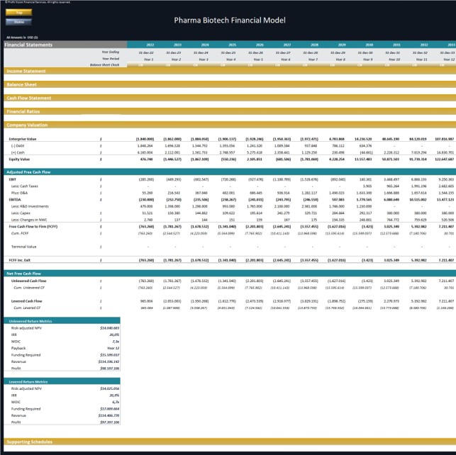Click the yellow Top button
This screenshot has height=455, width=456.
point(19,13)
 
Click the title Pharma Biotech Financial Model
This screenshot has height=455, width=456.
point(230,20)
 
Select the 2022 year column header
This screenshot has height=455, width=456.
point(150,45)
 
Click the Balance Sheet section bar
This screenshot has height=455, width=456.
point(22,84)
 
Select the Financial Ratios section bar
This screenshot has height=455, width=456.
point(23,111)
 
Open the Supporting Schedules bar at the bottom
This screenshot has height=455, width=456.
point(29,442)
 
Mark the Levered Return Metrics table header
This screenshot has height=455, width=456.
point(31,381)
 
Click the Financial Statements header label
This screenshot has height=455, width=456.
point(29,45)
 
